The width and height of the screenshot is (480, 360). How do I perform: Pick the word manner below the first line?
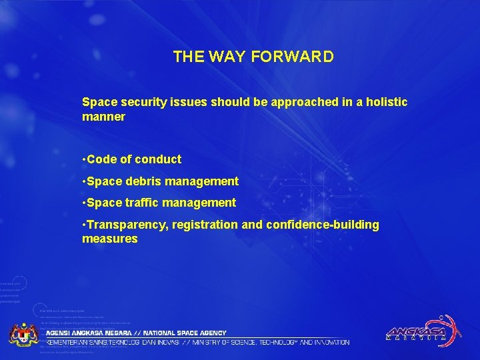[103, 117]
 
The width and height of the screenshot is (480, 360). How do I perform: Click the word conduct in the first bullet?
[157, 159]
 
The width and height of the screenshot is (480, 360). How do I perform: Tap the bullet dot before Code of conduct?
[83, 159]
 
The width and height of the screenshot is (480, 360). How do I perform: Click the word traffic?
[137, 202]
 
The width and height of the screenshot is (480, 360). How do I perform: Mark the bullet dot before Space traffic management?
[83, 202]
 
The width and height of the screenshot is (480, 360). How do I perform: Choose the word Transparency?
[126, 225]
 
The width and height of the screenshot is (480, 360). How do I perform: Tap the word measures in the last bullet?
[110, 239]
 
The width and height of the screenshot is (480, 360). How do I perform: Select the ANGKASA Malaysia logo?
[420, 330]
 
